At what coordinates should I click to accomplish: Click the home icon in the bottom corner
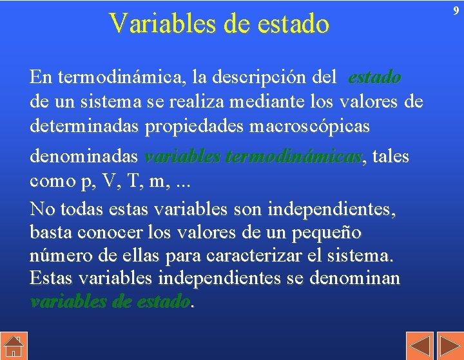click(13, 347)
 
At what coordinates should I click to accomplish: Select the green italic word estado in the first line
click(374, 78)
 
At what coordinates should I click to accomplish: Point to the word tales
click(391, 157)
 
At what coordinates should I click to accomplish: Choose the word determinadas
click(84, 126)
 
